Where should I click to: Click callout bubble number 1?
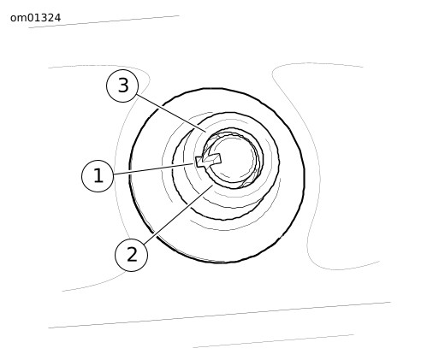98,176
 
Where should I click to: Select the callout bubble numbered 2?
132,255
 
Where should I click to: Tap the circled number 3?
122,86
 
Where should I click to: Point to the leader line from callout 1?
153,169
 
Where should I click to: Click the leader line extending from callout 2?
178,215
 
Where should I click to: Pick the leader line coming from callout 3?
171,114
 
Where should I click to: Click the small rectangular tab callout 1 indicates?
208,160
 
